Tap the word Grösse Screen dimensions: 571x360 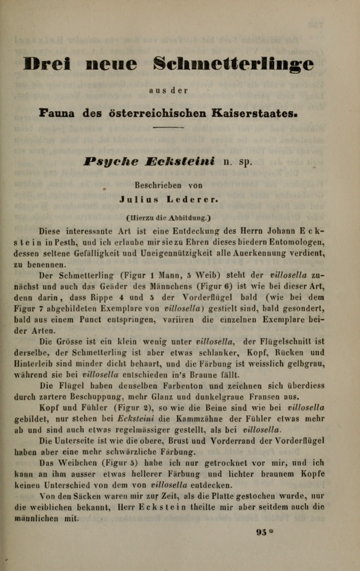72,342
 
